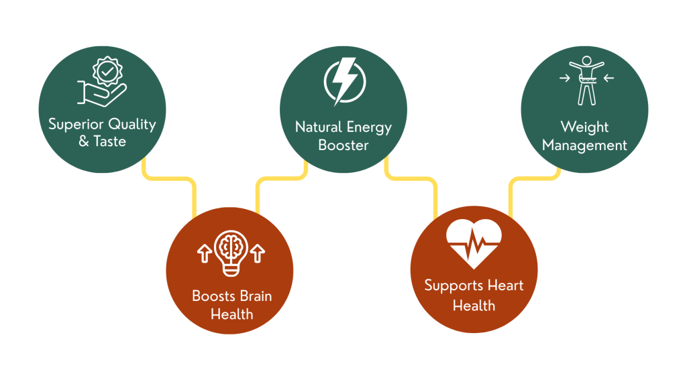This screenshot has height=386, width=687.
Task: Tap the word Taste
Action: click(110, 141)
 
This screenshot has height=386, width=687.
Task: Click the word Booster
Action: click(343, 145)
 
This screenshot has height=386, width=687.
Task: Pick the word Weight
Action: click(584, 127)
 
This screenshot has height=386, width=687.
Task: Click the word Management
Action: click(584, 145)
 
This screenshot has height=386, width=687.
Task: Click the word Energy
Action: click(368, 127)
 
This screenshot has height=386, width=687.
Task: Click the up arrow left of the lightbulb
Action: click(203, 253)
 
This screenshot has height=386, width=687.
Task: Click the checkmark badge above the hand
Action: click(105, 70)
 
